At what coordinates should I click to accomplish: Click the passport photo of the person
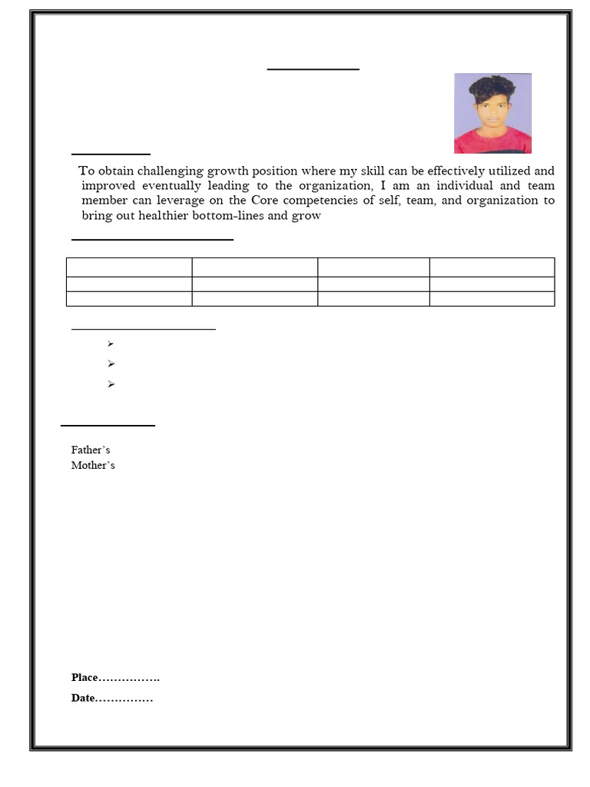(x=492, y=113)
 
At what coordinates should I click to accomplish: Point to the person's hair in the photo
(x=492, y=87)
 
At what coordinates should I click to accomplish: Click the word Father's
(x=91, y=450)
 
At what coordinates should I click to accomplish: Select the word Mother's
(x=93, y=465)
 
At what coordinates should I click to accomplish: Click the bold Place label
(x=85, y=677)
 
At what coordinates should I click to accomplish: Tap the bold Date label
(x=83, y=698)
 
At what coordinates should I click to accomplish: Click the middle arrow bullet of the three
(x=111, y=364)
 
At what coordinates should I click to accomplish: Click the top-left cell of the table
(x=129, y=267)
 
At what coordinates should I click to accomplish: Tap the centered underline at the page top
(x=313, y=69)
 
